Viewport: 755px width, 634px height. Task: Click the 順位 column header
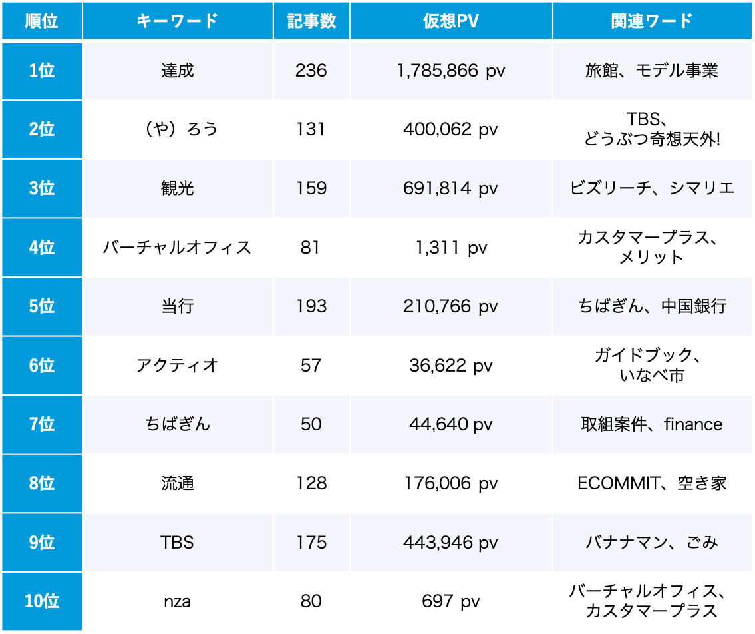click(x=41, y=21)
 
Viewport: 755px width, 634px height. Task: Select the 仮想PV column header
click(x=450, y=21)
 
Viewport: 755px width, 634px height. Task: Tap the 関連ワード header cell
click(x=651, y=21)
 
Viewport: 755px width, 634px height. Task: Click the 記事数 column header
click(x=311, y=21)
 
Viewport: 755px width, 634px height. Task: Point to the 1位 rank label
click(x=41, y=71)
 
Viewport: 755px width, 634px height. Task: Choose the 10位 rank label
click(x=41, y=601)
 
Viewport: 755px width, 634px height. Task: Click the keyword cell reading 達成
click(x=177, y=71)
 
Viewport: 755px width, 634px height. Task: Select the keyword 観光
click(x=177, y=188)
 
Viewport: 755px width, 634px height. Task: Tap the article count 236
click(x=311, y=71)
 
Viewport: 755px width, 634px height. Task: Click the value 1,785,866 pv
click(x=450, y=71)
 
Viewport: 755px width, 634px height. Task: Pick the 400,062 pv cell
click(x=450, y=129)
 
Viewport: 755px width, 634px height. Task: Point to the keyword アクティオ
click(x=177, y=365)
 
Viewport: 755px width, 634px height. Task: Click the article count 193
click(x=311, y=306)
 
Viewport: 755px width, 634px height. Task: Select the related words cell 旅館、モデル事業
click(x=651, y=71)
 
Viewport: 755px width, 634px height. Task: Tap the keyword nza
click(x=177, y=601)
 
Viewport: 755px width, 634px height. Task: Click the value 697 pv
click(x=450, y=601)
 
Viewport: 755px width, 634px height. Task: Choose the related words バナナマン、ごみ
click(x=651, y=543)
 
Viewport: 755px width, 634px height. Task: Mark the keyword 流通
click(x=177, y=483)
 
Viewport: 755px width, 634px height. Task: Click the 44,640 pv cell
click(x=450, y=424)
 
